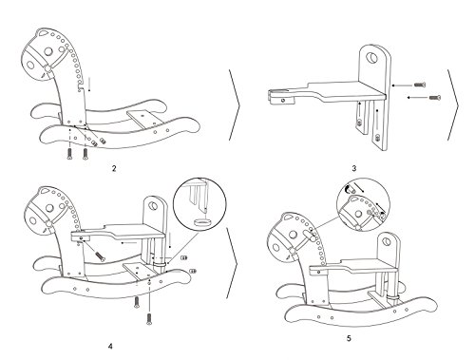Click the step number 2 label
pos(114,168)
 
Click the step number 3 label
pos(354,168)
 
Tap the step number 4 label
pos(110,346)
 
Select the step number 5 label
pos(349,338)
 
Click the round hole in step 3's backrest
pos(371,58)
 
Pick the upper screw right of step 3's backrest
pos(420,85)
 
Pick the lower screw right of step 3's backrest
pos(435,97)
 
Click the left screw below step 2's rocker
pos(69,154)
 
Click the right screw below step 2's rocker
pos(85,154)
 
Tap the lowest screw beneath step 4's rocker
pos(149,318)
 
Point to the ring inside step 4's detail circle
pos(202,222)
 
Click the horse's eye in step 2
pos(48,51)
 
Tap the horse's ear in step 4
pos(43,191)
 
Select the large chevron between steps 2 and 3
pos(234,104)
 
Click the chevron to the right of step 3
pos(453,104)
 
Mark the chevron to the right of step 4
pos(232,263)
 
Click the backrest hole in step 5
pos(387,242)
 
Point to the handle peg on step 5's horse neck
pos(309,235)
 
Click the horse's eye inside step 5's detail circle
pos(358,214)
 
